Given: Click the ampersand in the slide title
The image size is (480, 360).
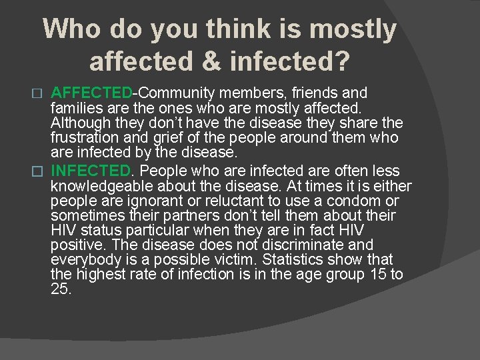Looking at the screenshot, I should [x=212, y=61].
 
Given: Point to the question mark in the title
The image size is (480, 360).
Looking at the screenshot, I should [x=341, y=61].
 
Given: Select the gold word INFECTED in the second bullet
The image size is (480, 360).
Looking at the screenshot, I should [x=91, y=171].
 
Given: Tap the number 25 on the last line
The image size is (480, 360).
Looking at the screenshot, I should [x=61, y=289].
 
